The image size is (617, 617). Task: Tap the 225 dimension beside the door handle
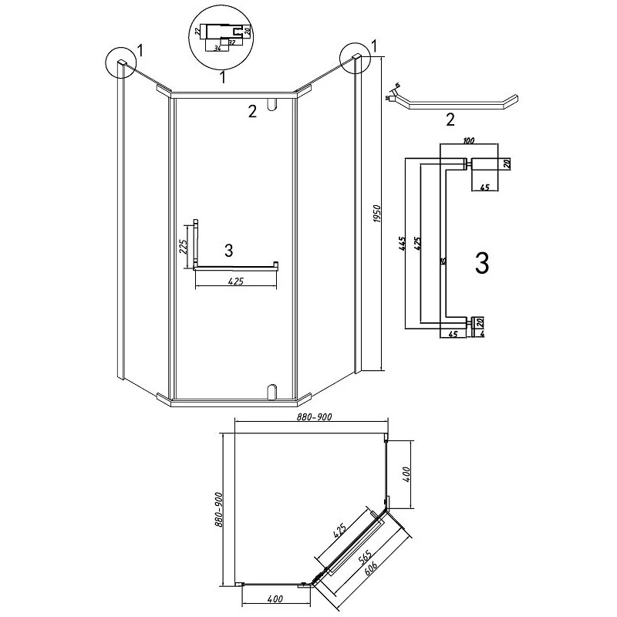[184, 245]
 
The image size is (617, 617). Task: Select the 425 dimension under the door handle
[235, 282]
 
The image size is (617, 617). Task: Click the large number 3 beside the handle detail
[482, 264]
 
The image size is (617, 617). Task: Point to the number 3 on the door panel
[228, 250]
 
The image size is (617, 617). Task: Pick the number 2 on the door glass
[251, 112]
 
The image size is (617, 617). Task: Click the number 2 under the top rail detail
[451, 120]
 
